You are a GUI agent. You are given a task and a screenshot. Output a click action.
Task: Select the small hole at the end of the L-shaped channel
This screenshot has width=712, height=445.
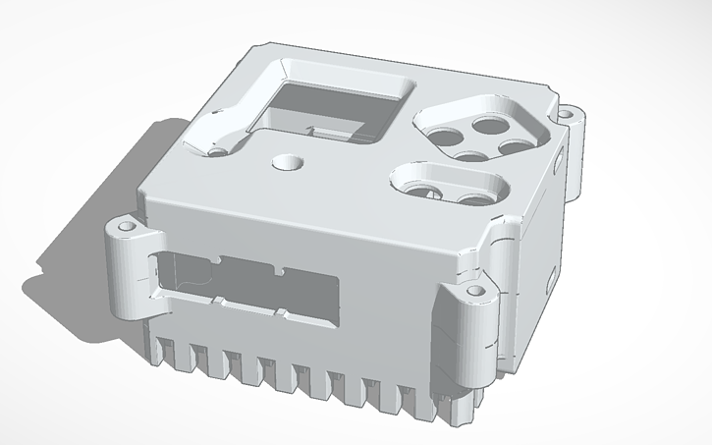(217, 148)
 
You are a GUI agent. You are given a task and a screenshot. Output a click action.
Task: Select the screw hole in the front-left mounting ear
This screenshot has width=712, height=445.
(126, 226)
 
